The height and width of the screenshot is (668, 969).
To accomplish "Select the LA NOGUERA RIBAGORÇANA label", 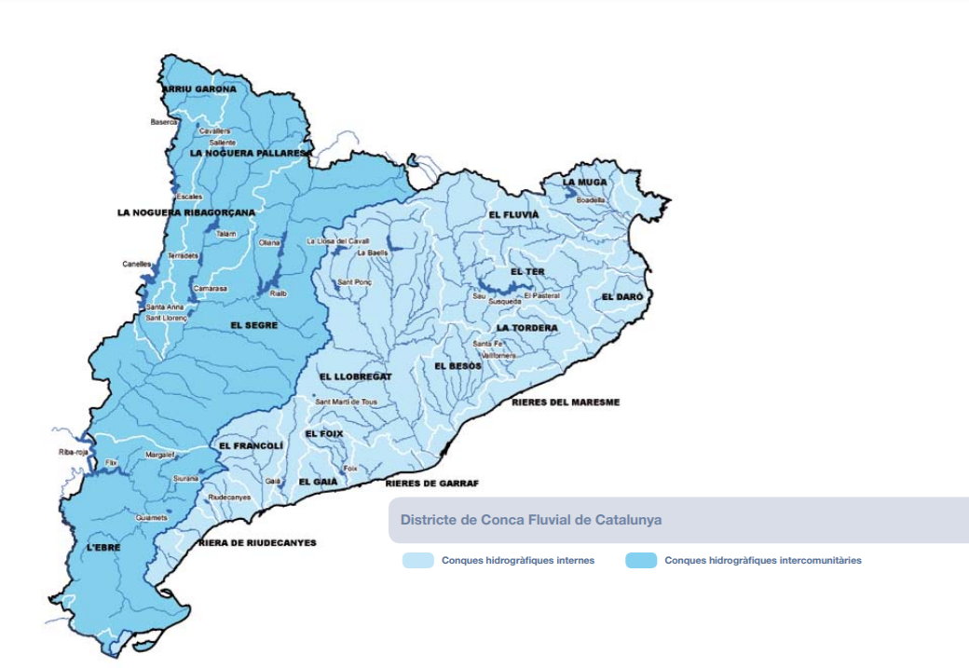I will click(185, 212).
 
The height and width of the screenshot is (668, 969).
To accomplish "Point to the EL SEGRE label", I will click(254, 325).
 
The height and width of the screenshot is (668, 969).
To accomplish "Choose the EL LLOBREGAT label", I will click(356, 376).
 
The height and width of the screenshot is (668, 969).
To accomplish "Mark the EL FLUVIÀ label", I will click(513, 214).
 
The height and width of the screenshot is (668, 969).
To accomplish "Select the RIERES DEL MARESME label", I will click(565, 402).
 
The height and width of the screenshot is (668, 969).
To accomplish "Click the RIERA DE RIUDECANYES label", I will click(257, 542).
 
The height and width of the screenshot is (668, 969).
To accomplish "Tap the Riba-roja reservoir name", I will click(72, 453).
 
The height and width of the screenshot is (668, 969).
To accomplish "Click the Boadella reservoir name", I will click(591, 199).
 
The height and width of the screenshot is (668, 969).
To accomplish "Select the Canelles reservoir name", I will click(136, 264).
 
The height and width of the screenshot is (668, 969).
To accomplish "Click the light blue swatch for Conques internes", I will click(418, 561).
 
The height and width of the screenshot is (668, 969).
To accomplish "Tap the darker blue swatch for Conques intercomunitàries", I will click(641, 561).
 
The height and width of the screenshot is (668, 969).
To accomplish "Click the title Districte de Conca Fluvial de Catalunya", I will click(531, 520).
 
